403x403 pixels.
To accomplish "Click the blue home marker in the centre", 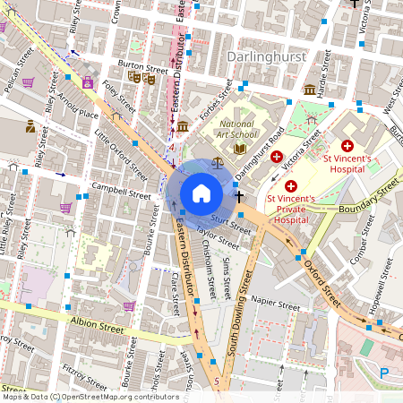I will click(201, 193).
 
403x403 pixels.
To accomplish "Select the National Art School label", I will click(236, 130).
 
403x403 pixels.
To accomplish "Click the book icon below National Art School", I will click(239, 149).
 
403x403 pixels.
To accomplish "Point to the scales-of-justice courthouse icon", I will click(218, 164).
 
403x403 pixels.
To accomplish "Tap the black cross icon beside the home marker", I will click(239, 193).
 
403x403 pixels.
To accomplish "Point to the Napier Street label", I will click(275, 304).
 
